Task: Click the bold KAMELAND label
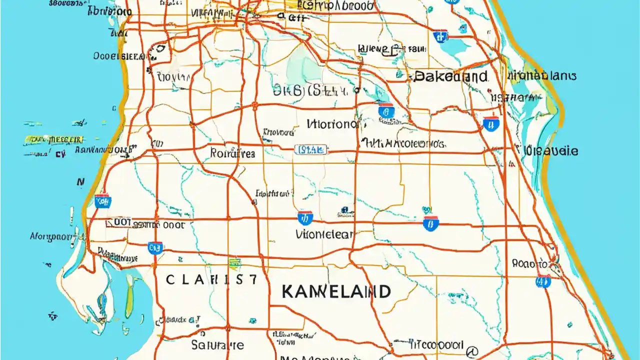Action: pyautogui.click(x=335, y=291)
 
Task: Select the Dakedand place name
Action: pyautogui.click(x=450, y=76)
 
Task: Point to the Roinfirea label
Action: pyautogui.click(x=232, y=153)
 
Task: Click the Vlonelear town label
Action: pyautogui.click(x=324, y=234)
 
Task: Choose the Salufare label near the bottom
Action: pyautogui.click(x=217, y=344)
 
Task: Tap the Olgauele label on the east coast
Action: pyautogui.click(x=551, y=150)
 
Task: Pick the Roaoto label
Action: pyautogui.click(x=529, y=263)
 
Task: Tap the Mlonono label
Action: pyautogui.click(x=331, y=124)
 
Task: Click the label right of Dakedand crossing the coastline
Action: pyautogui.click(x=542, y=76)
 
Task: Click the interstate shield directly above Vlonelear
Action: pyautogui.click(x=305, y=217)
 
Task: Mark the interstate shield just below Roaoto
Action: pyautogui.click(x=543, y=281)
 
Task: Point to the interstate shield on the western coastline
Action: pyautogui.click(x=103, y=201)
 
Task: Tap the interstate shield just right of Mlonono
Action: pyautogui.click(x=385, y=111)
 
